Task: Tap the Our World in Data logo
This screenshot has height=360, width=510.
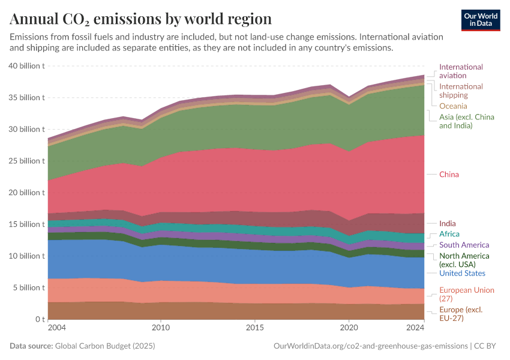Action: click(x=481, y=19)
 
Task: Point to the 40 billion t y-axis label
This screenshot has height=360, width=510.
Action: click(x=26, y=66)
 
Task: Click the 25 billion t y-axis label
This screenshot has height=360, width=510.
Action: click(x=26, y=161)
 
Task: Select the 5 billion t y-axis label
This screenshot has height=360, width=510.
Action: click(x=29, y=287)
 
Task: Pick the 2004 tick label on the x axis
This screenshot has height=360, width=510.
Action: click(x=57, y=328)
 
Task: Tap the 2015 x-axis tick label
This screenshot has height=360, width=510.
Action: click(x=255, y=328)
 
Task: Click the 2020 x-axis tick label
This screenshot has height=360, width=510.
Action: click(x=349, y=328)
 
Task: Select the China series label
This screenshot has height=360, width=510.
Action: click(x=449, y=175)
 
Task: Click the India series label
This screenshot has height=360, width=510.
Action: click(x=447, y=224)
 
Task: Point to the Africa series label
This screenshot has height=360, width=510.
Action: click(x=449, y=234)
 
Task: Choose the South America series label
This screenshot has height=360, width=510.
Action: click(x=464, y=245)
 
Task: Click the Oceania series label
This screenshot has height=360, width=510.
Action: click(x=453, y=106)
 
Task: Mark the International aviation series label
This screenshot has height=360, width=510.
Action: click(x=461, y=71)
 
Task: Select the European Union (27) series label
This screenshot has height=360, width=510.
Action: click(x=466, y=294)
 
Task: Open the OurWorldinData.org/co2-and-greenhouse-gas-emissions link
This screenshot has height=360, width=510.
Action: click(x=370, y=346)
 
